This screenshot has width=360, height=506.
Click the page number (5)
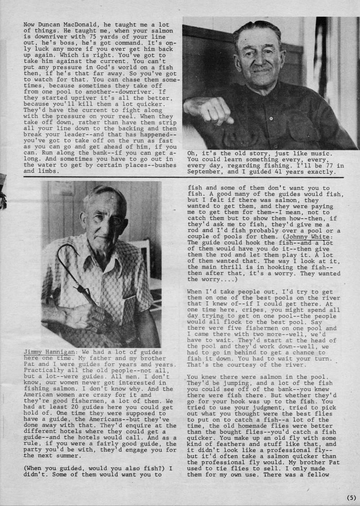tap(351, 497)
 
